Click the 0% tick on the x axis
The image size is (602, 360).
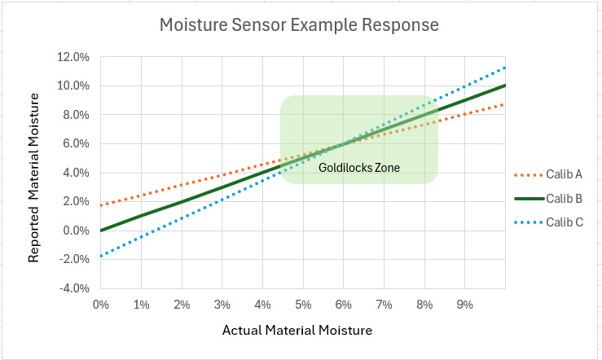coord(101,305)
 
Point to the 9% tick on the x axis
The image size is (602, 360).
coord(465,305)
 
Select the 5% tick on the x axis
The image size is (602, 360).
coord(303,305)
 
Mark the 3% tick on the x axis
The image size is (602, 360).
coord(222,305)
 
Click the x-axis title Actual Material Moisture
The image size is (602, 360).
coord(297,331)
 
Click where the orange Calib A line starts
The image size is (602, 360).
coord(101,205)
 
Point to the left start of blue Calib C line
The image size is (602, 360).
coord(101,256)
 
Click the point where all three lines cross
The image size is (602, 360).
coord(344,143)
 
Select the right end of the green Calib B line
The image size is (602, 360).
coord(505,86)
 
